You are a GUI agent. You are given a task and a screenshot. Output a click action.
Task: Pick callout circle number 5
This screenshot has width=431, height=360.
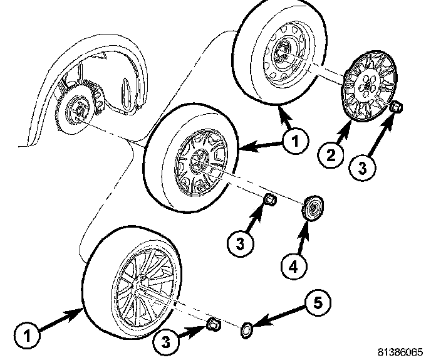318,304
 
